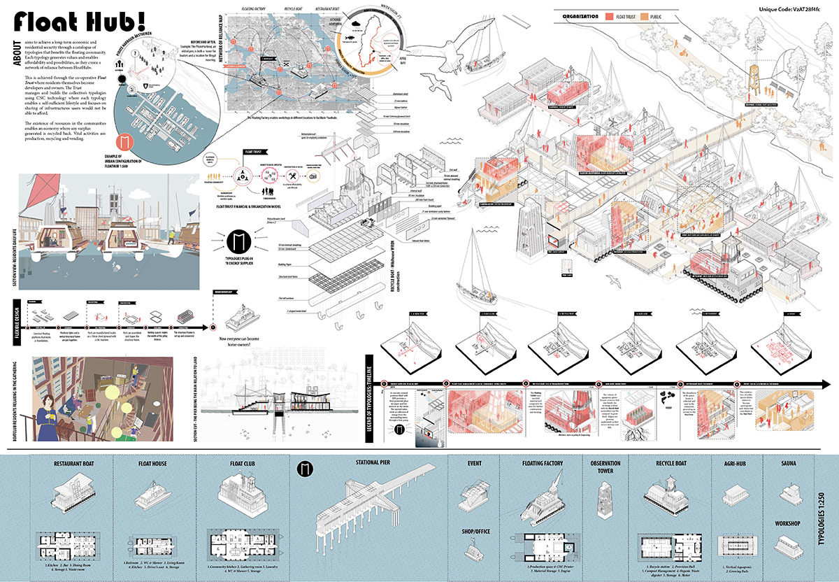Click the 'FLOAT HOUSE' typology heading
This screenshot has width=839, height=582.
click(155, 463)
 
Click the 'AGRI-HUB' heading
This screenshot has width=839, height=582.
click(733, 463)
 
